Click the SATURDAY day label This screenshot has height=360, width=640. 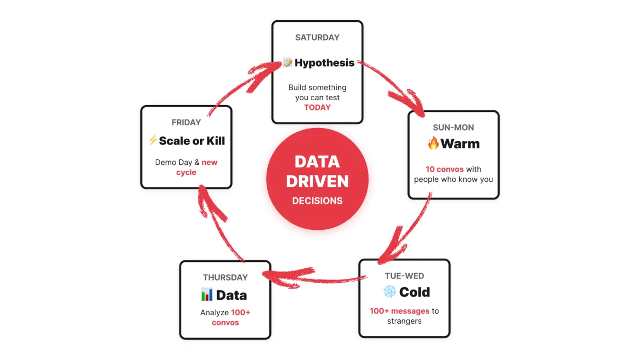[317, 37]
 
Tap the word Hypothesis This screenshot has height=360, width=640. [324, 63]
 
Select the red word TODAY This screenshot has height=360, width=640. [317, 107]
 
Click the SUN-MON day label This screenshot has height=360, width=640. [453, 127]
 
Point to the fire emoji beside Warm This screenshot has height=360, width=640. [433, 143]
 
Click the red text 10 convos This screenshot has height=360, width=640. [445, 169]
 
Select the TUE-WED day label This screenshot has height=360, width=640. [404, 276]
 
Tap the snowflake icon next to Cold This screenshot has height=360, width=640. [390, 292]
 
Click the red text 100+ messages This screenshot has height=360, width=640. [399, 311]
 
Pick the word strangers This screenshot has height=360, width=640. [404, 321]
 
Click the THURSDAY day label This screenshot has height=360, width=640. [225, 277]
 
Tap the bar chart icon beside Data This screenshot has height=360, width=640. [207, 294]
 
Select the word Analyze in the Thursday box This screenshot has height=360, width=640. [214, 313]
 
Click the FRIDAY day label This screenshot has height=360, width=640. [186, 122]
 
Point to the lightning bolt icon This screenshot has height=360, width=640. [153, 140]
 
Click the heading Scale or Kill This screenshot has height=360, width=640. [192, 141]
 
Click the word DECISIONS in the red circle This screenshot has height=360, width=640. [317, 201]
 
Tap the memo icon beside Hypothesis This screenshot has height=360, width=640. [287, 63]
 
